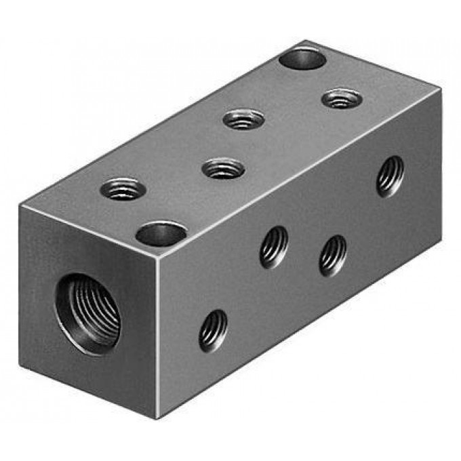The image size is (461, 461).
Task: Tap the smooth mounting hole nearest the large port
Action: click(x=161, y=234)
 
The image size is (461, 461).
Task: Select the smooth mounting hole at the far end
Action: click(x=302, y=59)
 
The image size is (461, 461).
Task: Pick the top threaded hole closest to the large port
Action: click(x=123, y=188)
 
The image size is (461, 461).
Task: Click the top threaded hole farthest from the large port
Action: click(x=341, y=99)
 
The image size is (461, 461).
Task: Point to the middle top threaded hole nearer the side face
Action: click(x=223, y=167)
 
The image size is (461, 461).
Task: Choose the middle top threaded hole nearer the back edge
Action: click(x=243, y=119)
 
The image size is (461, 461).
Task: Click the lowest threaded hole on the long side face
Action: click(x=213, y=330)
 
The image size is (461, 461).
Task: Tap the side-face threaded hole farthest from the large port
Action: click(x=390, y=176)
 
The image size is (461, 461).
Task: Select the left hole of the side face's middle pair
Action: click(x=273, y=246)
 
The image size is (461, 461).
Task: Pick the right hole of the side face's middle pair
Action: click(x=333, y=255)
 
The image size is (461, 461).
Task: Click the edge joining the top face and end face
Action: click(x=92, y=233)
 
